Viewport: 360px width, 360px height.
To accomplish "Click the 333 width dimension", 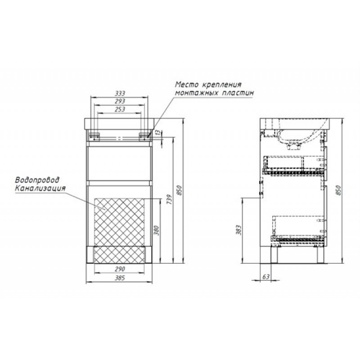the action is click(x=120, y=94).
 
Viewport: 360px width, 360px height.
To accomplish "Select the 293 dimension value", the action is click(x=120, y=101).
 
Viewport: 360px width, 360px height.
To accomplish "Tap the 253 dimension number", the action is click(x=120, y=109).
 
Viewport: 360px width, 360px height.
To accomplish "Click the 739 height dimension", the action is click(x=170, y=199).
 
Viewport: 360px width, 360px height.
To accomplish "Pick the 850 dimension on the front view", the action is click(x=180, y=190).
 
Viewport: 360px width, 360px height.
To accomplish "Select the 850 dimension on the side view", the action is click(x=338, y=190).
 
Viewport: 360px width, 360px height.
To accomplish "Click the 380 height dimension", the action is click(x=156, y=230).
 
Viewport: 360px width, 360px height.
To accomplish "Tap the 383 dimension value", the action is click(x=239, y=229).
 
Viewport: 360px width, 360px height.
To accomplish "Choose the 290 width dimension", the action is click(x=120, y=269).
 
